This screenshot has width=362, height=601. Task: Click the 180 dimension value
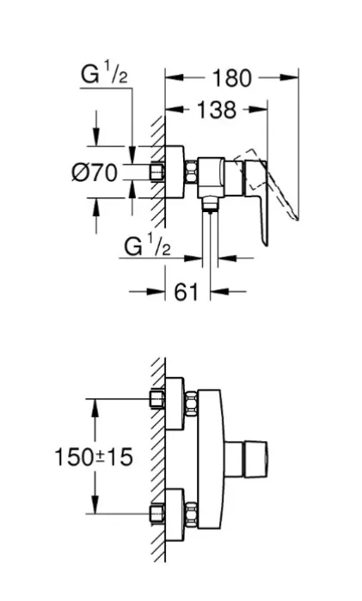coord(231,79)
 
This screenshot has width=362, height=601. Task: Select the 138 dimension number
coord(216,110)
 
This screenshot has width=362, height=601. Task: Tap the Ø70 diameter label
coord(95,172)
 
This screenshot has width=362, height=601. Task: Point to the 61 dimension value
coord(187,292)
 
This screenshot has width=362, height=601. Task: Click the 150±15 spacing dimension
coord(94,458)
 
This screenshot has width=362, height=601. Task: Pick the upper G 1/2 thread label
coord(104,74)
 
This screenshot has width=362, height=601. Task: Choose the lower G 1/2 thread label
coord(147,246)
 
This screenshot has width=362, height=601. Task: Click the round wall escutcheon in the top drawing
coord(175,172)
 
